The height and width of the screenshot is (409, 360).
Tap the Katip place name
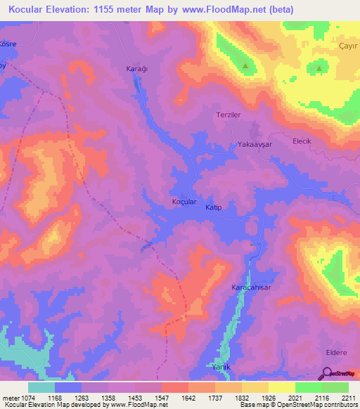[213, 208]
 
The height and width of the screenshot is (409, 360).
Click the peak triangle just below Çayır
[319, 69]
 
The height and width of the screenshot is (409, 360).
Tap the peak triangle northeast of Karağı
[245, 67]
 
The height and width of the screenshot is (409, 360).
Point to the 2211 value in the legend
[348, 397]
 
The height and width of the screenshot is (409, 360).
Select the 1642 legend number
[188, 397]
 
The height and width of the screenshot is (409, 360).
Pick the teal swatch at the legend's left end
[41, 387]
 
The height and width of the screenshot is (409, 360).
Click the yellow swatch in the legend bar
[281, 387]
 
